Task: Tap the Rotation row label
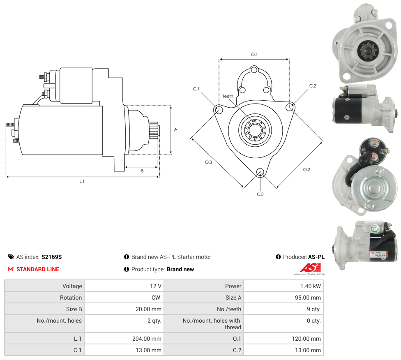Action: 71,298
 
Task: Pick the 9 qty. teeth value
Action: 313,309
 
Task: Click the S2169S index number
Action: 51,257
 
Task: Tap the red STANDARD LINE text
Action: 38,269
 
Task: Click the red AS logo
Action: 309,268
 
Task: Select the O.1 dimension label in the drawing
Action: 254,55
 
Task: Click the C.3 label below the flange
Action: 260,194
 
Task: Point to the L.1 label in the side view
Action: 82,181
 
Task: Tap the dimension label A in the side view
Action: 175,129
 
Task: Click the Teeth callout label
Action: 228,96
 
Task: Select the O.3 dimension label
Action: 208,162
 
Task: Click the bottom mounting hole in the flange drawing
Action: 260,172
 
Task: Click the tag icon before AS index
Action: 11,257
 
